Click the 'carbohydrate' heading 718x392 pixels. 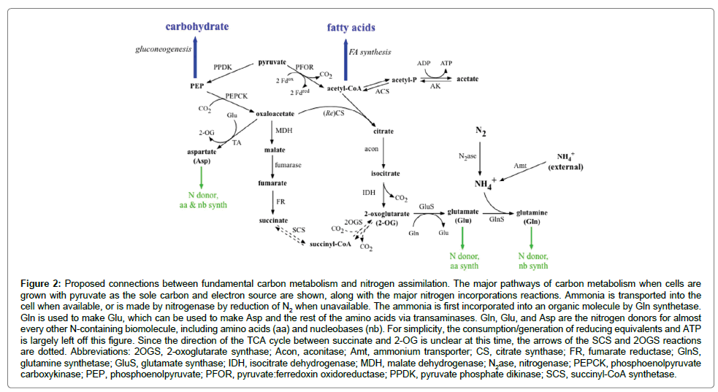[x=196, y=26]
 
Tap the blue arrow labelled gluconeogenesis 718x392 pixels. [x=195, y=62]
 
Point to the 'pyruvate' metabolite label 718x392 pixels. [x=272, y=63]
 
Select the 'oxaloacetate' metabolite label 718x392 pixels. [x=275, y=114]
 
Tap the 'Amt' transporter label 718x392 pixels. [x=519, y=166]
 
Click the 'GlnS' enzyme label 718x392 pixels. [x=497, y=218]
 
